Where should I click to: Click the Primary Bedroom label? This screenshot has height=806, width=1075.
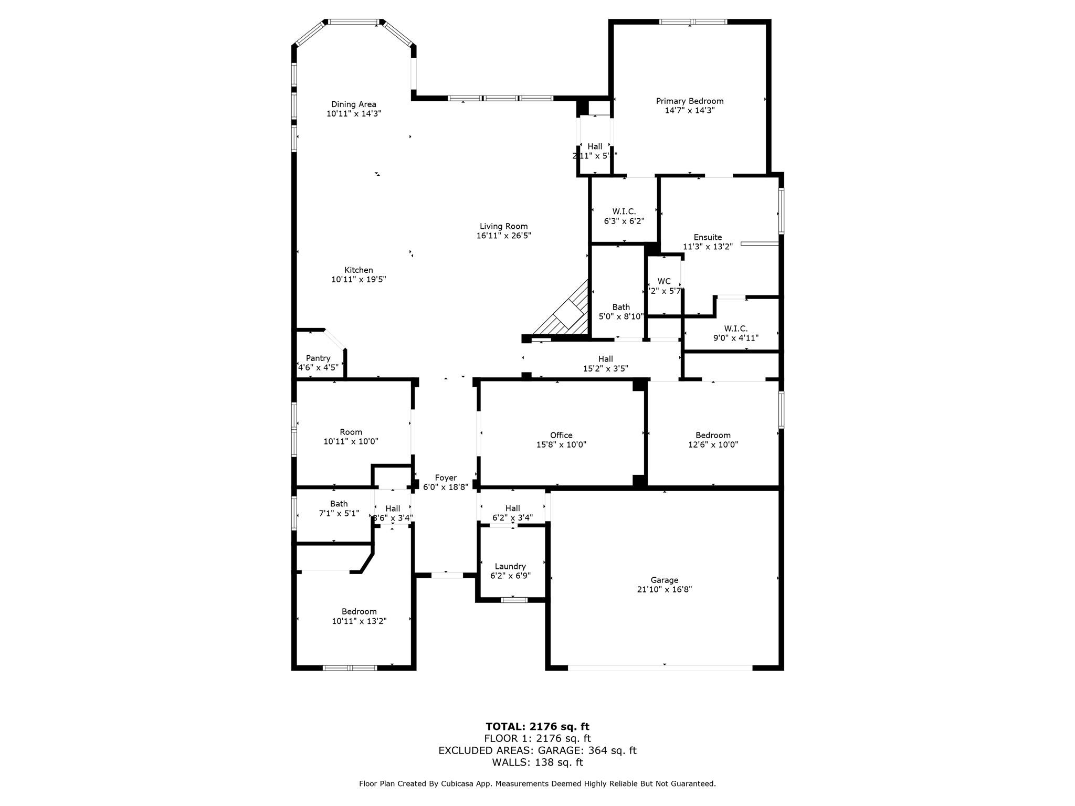[689, 101]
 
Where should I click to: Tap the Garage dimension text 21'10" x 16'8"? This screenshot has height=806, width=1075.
[664, 589]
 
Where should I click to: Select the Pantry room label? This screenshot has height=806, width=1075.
[318, 358]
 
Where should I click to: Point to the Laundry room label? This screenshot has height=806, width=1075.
[510, 566]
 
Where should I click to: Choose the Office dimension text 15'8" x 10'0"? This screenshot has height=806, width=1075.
[561, 444]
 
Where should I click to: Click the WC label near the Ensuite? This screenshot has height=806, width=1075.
[663, 281]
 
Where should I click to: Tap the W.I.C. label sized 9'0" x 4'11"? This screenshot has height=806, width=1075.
[735, 328]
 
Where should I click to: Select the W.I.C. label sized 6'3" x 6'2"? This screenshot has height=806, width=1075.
[624, 211]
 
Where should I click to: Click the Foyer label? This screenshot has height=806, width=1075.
[446, 478]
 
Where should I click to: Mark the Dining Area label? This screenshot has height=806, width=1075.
[353, 104]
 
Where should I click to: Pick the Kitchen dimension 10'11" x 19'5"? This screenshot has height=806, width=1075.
[359, 280]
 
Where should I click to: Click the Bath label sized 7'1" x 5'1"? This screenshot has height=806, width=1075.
[339, 504]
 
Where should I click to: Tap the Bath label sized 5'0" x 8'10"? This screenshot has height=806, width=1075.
[620, 307]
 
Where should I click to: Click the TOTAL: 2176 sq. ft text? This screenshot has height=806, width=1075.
[537, 726]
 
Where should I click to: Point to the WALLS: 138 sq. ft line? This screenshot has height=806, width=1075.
[537, 762]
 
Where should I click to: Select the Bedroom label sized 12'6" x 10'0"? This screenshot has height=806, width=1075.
[713, 435]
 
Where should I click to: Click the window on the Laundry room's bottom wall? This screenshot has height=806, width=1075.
[513, 600]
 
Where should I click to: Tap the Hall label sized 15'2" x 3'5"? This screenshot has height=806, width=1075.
[605, 359]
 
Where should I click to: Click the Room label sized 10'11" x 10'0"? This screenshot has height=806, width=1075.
[351, 432]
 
